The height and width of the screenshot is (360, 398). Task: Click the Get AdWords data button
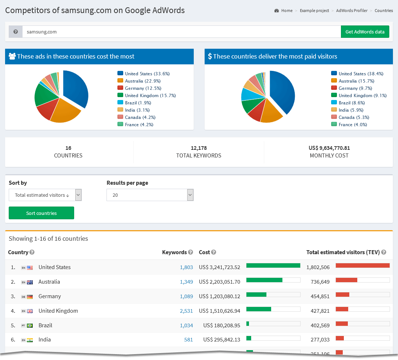(x=365, y=32)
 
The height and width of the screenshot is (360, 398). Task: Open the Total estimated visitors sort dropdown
(x=45, y=195)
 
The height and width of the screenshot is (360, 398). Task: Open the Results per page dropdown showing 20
(x=150, y=195)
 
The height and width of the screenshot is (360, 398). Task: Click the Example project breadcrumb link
(x=314, y=11)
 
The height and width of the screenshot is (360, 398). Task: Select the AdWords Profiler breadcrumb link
(x=351, y=11)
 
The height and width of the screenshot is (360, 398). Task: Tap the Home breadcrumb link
(x=286, y=11)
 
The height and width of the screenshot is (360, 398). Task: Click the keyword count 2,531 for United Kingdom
(x=186, y=311)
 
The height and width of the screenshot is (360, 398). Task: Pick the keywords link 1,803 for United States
(x=186, y=267)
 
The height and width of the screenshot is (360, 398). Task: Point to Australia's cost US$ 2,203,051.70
(x=220, y=282)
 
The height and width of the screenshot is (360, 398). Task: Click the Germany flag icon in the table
(x=30, y=297)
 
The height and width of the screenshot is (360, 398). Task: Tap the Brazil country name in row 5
(x=45, y=325)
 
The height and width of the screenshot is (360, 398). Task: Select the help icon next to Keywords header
(x=190, y=252)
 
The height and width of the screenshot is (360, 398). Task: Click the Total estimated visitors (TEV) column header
(x=343, y=252)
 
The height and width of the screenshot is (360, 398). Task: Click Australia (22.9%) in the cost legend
(x=142, y=81)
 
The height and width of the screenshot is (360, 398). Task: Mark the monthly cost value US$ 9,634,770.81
(x=329, y=148)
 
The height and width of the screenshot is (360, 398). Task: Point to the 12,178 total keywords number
(x=198, y=148)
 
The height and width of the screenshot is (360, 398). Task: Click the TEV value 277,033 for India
(x=318, y=340)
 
